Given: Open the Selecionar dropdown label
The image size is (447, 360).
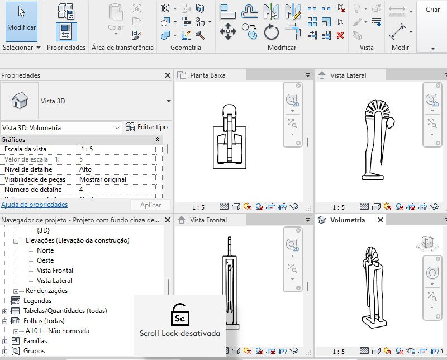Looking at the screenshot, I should tap(21, 48).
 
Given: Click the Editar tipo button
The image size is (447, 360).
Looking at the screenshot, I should tap(146, 127).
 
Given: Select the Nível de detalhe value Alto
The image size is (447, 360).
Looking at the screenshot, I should tap(85, 169).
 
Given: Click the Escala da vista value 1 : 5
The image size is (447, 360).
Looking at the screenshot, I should tap(87, 149).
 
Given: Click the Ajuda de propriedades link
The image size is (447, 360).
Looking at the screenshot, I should tap(35, 205).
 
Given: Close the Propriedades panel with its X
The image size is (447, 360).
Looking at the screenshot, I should tap(167, 75).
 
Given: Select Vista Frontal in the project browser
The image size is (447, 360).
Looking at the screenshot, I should tap(55, 271).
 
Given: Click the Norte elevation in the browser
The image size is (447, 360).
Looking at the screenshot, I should tap(45, 250).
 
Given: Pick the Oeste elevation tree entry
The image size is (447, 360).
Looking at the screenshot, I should tap(45, 260).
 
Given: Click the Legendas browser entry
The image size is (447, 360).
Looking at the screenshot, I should tap(37, 301).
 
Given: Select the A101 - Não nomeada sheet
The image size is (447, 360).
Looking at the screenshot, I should tap(58, 331).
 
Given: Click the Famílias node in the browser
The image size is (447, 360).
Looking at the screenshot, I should tap(35, 341).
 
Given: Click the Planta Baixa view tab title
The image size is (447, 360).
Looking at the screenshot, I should tap(207, 75).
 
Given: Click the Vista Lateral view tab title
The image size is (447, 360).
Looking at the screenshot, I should tap(348, 75).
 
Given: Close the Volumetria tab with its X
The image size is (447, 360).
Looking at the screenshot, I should tap(381, 220).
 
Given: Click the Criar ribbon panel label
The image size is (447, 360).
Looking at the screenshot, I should tap(432, 10).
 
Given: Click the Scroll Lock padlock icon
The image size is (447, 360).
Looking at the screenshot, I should tap(179, 315).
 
